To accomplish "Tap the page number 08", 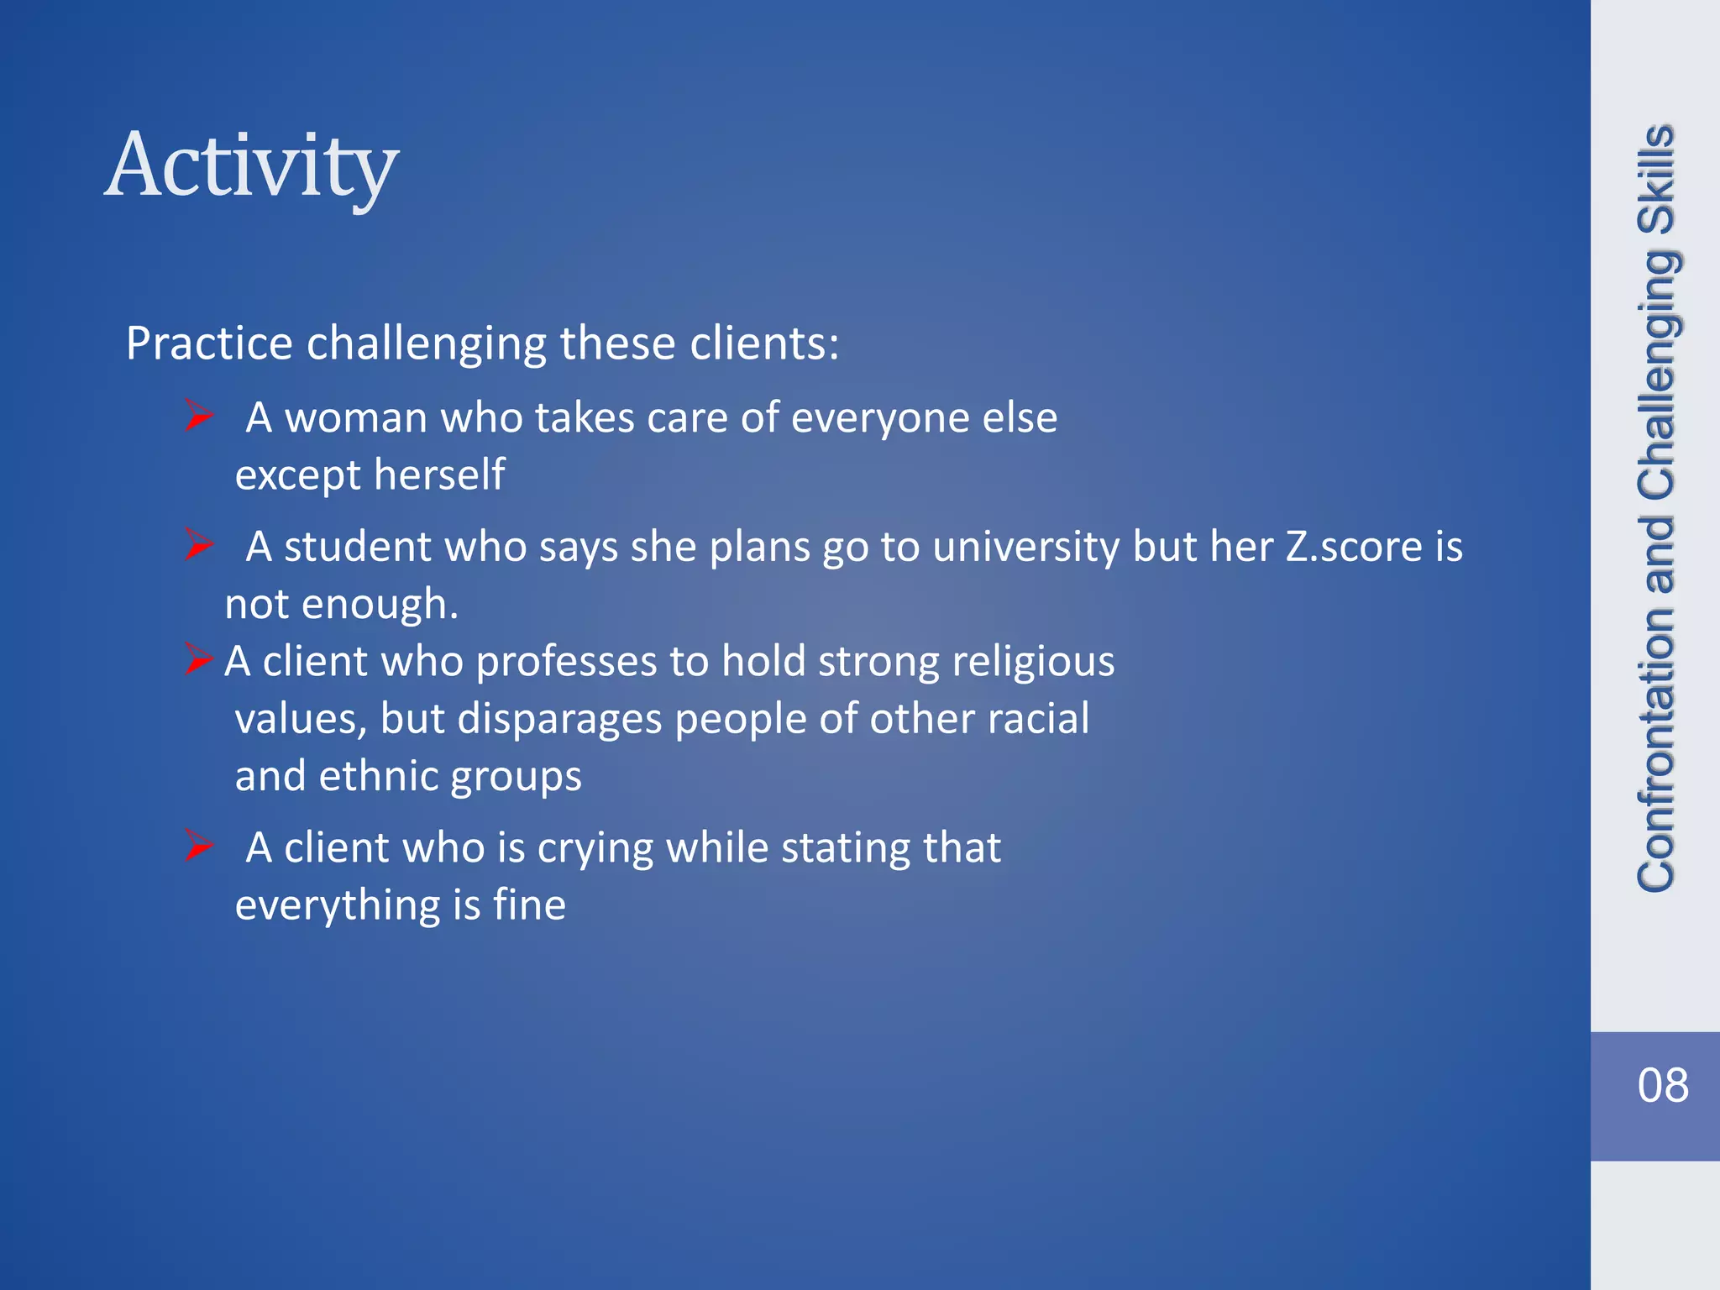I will tap(1662, 1085).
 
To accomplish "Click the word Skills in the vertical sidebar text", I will tap(1656, 180).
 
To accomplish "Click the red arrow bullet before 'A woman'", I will tap(199, 416).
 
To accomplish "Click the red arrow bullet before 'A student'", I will tap(199, 545).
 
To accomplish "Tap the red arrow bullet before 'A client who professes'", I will tap(198, 659).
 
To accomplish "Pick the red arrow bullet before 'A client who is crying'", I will tap(199, 846).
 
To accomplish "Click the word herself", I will tap(439, 475).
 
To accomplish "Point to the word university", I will tap(1025, 547).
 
